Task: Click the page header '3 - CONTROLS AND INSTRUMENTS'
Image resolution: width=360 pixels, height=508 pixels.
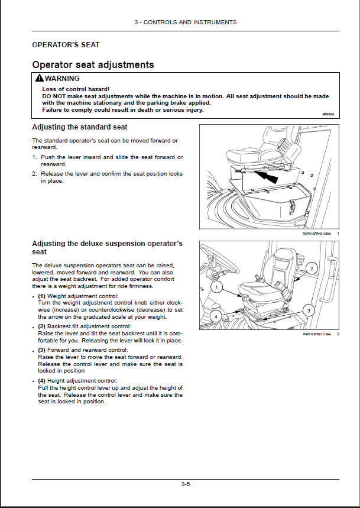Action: click(185, 22)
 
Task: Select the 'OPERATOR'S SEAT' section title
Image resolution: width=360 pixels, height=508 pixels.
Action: click(66, 45)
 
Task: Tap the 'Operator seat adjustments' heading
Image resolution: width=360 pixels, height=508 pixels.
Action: click(93, 65)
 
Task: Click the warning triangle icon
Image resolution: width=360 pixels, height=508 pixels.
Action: click(39, 79)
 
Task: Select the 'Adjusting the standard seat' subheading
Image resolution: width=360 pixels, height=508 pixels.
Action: click(79, 127)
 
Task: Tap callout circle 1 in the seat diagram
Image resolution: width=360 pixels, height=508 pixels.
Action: click(217, 287)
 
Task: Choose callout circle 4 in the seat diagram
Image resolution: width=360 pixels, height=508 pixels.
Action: click(216, 316)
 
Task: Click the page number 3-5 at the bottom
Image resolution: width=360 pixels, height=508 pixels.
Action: click(185, 484)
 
